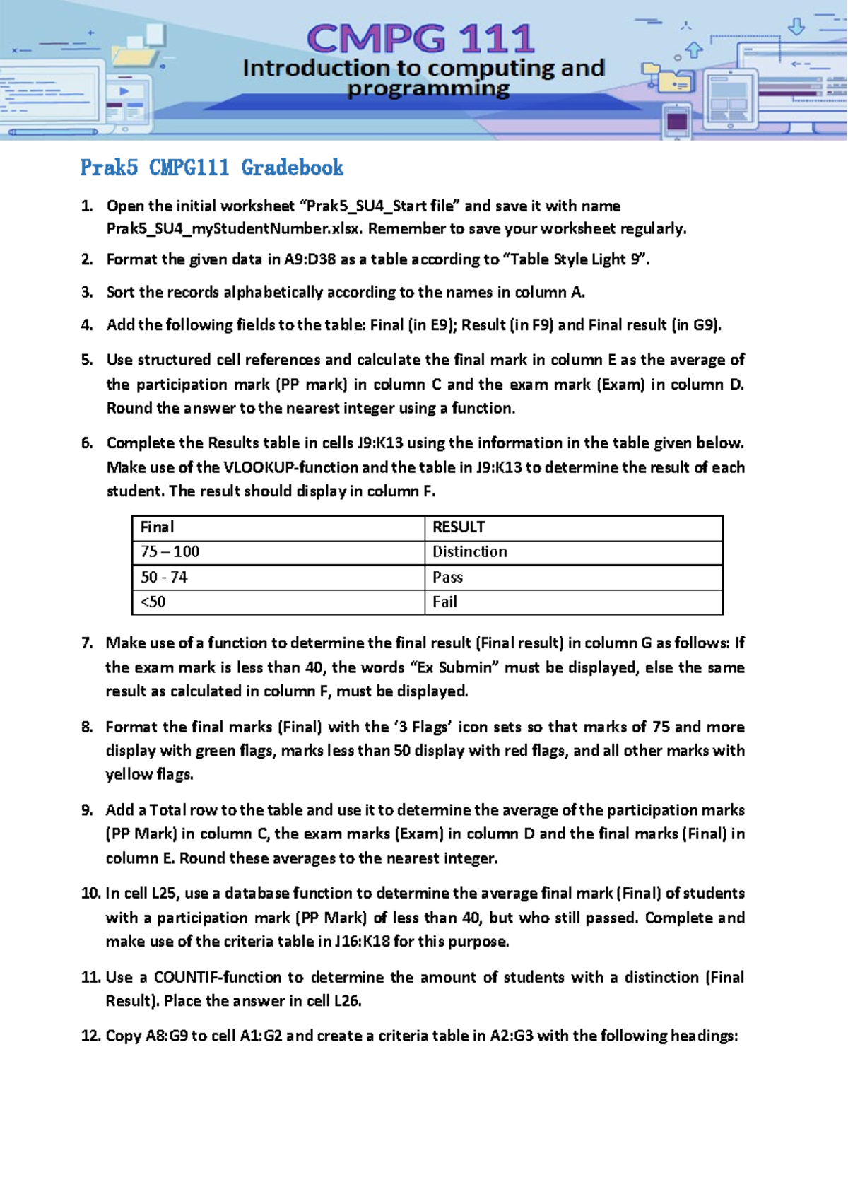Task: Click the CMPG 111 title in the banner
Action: [x=421, y=39]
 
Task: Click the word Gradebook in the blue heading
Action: [x=292, y=168]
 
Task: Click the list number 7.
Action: [x=86, y=643]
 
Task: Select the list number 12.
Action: [x=90, y=1036]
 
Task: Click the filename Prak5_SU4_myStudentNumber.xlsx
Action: [x=235, y=228]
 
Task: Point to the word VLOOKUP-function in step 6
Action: [x=292, y=467]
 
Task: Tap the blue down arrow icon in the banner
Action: [x=796, y=27]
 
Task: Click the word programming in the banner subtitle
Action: [x=428, y=89]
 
